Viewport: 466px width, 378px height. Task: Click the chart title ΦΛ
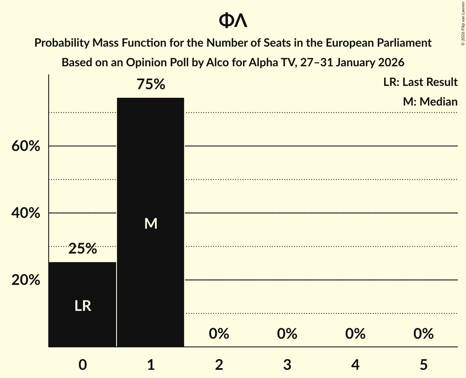233,21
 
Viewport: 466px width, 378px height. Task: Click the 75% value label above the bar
151,85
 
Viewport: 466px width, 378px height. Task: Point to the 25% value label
83,248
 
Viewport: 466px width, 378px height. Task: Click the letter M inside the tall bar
151,224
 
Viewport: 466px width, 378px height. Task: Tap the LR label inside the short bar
83,306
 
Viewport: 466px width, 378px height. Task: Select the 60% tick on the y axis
26,146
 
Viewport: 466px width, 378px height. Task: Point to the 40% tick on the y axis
26,213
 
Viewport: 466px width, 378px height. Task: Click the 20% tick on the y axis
26,280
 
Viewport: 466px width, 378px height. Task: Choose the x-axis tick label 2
219,364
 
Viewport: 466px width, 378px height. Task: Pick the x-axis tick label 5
423,364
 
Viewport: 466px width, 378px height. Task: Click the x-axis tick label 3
287,364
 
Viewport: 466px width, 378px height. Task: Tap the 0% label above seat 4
355,334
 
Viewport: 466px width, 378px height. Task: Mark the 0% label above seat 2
219,334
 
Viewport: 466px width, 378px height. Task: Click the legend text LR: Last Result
420,82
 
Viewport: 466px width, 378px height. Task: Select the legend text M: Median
430,101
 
